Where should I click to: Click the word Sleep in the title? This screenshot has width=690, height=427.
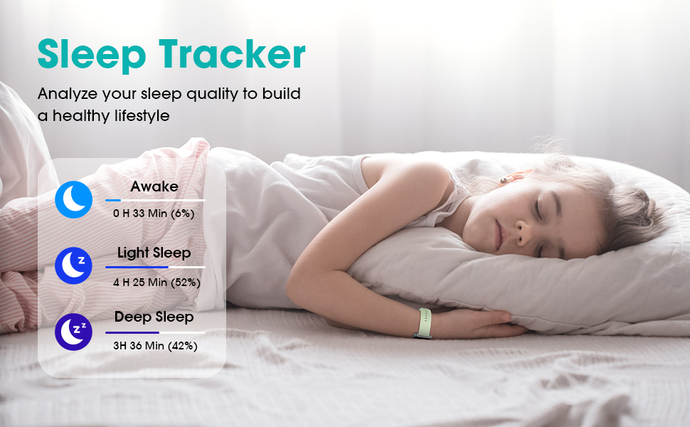click(92, 55)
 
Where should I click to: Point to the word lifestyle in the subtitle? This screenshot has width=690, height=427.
click(142, 116)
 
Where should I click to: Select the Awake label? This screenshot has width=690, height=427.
click(154, 186)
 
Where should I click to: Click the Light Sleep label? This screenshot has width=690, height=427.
click(154, 253)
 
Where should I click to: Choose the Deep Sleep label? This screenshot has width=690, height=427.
click(154, 317)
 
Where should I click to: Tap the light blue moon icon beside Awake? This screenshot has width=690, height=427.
click(73, 199)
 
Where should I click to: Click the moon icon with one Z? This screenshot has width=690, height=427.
click(73, 265)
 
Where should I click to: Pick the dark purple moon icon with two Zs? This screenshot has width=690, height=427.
click(73, 332)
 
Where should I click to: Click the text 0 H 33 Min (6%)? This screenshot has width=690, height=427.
click(154, 213)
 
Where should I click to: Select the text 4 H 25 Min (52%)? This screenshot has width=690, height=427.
click(156, 282)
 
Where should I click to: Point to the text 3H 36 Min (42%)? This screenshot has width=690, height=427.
click(155, 346)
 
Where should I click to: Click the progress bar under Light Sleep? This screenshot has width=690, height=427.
click(155, 267)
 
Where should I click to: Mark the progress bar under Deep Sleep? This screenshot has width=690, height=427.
click(155, 332)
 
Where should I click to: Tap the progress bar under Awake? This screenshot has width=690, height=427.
click(155, 200)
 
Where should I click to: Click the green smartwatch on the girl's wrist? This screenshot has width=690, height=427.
click(423, 323)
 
